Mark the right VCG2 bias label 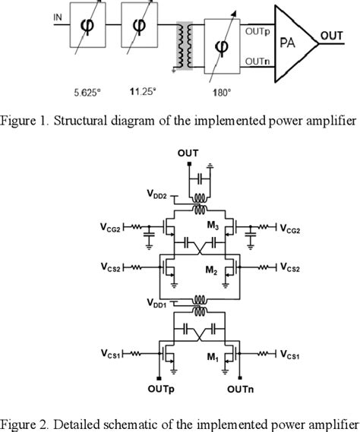click(x=293, y=228)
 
